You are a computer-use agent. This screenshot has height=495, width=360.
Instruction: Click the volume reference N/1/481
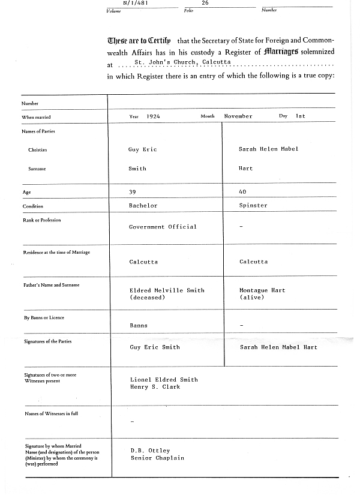click(x=136, y=3)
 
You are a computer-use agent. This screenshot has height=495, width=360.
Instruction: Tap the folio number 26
click(x=205, y=3)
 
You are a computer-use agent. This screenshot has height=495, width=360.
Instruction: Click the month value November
click(x=238, y=116)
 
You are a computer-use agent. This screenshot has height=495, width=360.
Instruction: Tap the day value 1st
click(x=301, y=116)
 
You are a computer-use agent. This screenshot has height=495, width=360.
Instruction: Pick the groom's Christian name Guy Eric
click(x=142, y=149)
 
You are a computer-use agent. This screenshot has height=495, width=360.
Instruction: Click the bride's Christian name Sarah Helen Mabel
click(x=268, y=149)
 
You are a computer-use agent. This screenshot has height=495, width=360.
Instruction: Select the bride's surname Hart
click(x=246, y=169)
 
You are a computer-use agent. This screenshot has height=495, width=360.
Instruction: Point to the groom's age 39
click(x=133, y=191)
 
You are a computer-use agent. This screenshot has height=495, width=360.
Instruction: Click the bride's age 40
click(x=243, y=191)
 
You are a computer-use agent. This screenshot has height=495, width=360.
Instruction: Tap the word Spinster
click(x=253, y=206)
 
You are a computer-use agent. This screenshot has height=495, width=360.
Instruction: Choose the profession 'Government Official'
click(x=163, y=227)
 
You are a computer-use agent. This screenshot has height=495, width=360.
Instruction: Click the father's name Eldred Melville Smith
click(x=167, y=290)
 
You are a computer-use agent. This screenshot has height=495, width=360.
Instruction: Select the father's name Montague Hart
click(x=262, y=290)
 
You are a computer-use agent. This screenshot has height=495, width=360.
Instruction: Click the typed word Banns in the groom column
click(x=139, y=326)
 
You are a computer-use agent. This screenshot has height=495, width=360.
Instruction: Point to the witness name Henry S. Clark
click(x=155, y=387)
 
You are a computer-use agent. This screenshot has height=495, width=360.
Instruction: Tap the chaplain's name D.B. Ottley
click(x=150, y=451)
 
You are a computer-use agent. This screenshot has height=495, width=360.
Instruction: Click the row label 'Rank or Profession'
click(x=42, y=220)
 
